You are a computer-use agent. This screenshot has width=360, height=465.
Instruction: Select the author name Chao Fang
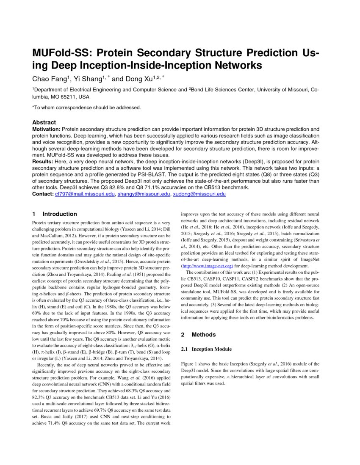click(x=50, y=79)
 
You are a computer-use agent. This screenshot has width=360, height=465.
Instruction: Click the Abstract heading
click(x=44, y=122)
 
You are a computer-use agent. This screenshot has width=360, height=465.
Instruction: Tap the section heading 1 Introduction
click(x=55, y=214)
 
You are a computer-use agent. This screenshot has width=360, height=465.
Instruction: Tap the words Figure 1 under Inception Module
click(x=190, y=364)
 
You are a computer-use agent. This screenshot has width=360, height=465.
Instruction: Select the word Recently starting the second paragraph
click(x=47, y=365)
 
